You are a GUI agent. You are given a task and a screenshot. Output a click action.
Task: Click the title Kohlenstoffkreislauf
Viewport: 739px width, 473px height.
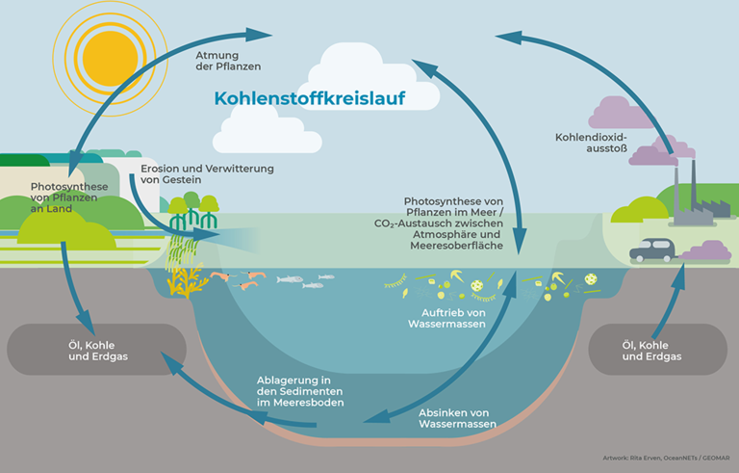[x=309, y=98]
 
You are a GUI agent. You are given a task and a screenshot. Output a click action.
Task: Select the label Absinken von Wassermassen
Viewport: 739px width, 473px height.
[x=457, y=417]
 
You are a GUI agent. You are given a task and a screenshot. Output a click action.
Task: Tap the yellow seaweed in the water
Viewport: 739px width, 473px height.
[x=179, y=280]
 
